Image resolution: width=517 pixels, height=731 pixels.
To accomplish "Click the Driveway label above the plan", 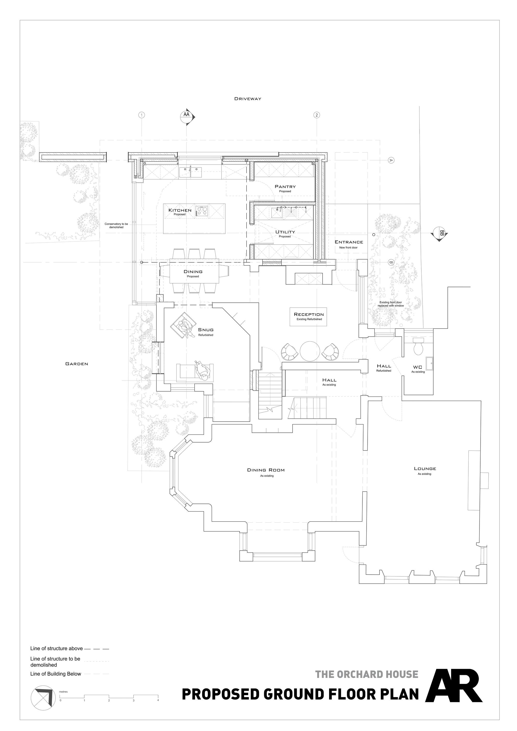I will pyautogui.click(x=248, y=99).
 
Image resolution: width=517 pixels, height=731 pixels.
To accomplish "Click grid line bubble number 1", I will pyautogui.click(x=142, y=115).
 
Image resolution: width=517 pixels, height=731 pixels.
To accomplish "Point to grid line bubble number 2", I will pyautogui.click(x=316, y=115).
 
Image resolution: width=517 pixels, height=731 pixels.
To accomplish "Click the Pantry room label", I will pyautogui.click(x=285, y=187).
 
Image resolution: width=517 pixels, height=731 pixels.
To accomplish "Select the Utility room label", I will pyautogui.click(x=285, y=232).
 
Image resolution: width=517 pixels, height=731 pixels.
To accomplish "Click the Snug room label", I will pyautogui.click(x=206, y=330).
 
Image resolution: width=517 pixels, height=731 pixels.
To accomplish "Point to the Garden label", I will pyautogui.click(x=77, y=364).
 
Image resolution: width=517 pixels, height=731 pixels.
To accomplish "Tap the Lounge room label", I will pyautogui.click(x=425, y=469).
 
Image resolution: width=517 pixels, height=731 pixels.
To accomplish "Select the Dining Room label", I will pyautogui.click(x=266, y=470).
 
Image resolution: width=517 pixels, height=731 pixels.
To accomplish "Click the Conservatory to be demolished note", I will pyautogui.click(x=116, y=225).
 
